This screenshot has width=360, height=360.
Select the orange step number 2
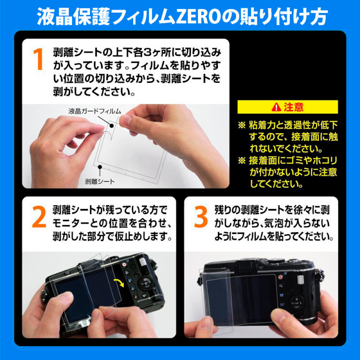[x=39, y=217]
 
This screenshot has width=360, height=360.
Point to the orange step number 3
[x=201, y=217]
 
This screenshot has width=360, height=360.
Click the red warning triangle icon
[x=276, y=107]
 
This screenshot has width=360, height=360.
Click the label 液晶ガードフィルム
[x=94, y=111]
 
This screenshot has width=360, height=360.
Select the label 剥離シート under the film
[x=99, y=181]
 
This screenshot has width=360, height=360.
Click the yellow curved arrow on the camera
[x=119, y=283]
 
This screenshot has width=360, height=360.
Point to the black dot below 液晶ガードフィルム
[x=112, y=126]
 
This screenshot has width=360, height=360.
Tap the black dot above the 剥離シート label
[x=100, y=167]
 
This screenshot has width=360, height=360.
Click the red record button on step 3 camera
[x=280, y=277]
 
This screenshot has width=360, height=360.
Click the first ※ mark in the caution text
[x=242, y=126]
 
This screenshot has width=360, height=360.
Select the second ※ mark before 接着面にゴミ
[x=242, y=161]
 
